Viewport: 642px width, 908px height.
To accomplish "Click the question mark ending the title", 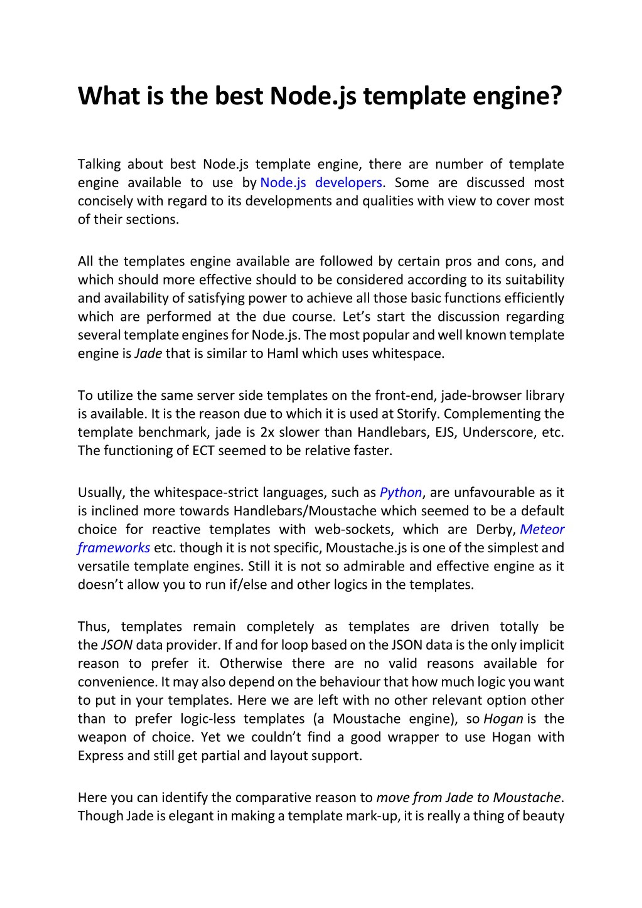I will tap(555, 96).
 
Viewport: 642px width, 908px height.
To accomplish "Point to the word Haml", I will tap(282, 353).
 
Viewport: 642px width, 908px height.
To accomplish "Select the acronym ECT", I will tap(203, 450).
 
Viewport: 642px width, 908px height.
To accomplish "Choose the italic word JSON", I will tap(117, 645).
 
